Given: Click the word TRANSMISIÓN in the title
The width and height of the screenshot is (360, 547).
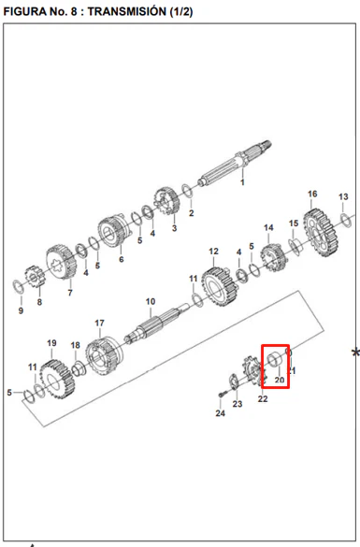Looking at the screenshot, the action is (127, 11).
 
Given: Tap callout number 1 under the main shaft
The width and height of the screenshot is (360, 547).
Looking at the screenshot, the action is (242, 182).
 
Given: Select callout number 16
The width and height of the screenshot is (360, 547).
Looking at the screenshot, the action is (312, 194).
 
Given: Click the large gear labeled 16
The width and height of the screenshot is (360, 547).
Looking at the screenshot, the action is (321, 233).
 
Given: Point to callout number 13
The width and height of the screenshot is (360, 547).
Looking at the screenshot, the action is (343, 196).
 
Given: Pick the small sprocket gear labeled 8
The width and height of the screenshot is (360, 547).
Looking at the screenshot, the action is (33, 277).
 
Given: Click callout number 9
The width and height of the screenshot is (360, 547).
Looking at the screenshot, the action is (21, 310).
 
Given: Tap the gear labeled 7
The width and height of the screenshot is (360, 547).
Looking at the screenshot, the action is (61, 262).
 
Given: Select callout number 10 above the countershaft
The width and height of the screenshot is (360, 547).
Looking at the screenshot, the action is (151, 301).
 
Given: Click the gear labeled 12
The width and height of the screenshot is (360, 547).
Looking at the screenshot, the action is (220, 287).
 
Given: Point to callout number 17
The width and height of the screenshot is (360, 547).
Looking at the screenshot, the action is (99, 323).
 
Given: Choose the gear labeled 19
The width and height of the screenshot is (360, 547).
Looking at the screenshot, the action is (57, 380).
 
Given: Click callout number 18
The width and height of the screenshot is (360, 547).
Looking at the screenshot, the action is (76, 345).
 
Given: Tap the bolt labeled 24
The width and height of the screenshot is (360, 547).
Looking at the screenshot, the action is (222, 395).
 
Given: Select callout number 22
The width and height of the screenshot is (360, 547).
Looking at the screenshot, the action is (263, 398).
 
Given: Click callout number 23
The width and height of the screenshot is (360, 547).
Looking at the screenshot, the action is (238, 404).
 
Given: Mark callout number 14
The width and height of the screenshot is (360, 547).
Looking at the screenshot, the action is (268, 228).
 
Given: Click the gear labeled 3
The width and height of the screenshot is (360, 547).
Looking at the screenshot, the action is (166, 201).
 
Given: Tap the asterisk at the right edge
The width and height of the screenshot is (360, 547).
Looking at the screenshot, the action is (355, 353).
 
